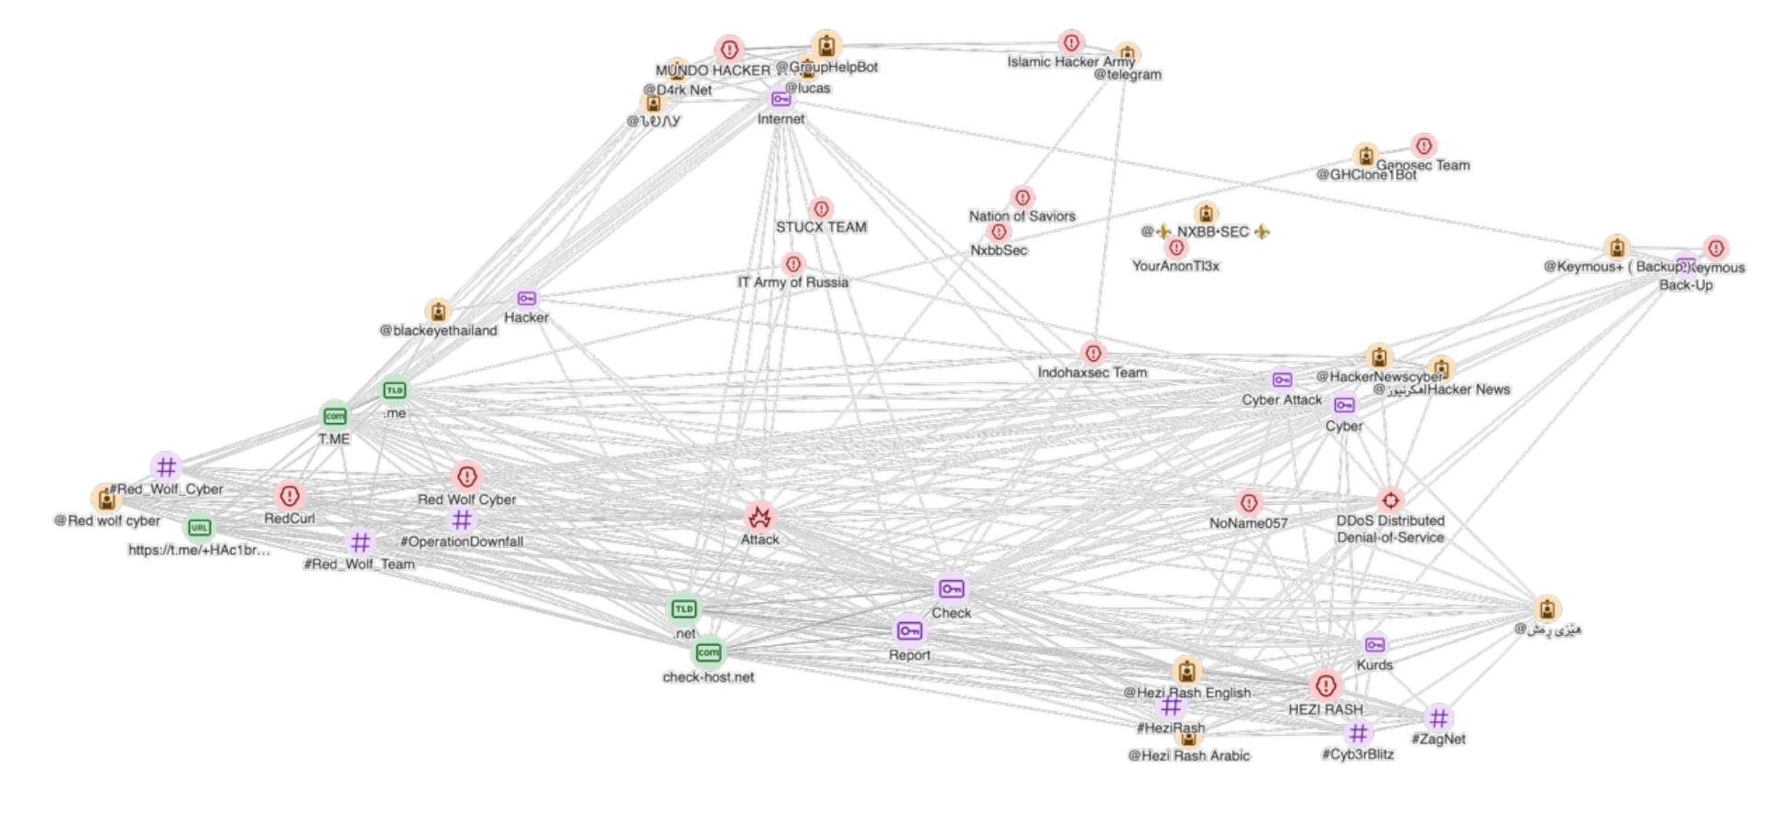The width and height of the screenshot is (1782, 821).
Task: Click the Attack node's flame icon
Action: (760, 518)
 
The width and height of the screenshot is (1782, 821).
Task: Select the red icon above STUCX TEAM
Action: (821, 209)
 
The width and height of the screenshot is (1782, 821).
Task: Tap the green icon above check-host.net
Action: (708, 652)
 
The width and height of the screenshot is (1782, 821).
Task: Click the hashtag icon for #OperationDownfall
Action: (462, 520)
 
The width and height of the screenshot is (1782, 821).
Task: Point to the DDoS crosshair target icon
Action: (1390, 500)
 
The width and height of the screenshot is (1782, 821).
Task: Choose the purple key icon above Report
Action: (909, 630)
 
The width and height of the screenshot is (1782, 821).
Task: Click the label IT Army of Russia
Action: (793, 282)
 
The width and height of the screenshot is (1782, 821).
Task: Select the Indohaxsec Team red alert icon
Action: (1092, 353)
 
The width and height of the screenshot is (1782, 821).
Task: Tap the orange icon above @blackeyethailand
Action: (439, 312)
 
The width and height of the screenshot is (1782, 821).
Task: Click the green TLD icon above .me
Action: (394, 391)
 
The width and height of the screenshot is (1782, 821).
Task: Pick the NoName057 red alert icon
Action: (1248, 502)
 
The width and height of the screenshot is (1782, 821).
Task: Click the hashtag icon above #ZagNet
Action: (1438, 718)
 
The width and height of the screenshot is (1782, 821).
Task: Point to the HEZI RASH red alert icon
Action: (1325, 685)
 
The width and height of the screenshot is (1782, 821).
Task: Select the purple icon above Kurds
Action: (1374, 645)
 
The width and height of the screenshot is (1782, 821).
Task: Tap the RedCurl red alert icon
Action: (290, 497)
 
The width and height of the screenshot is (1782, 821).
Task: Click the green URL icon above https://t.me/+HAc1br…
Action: (199, 528)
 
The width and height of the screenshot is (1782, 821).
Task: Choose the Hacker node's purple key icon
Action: (527, 299)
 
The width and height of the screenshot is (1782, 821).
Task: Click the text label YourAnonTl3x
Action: (1175, 266)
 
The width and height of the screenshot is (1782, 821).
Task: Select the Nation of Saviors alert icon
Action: (1022, 197)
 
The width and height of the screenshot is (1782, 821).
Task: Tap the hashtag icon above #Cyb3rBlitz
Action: (1358, 733)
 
